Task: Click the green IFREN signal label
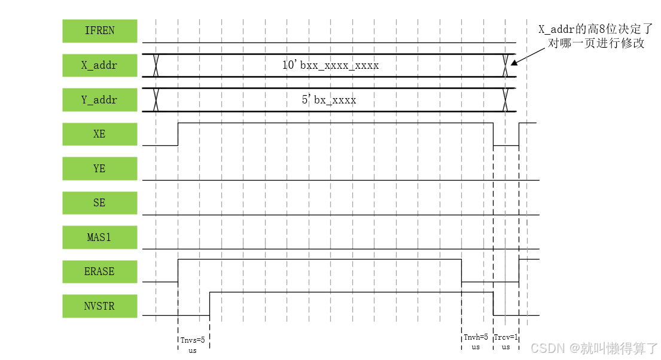point(99,31)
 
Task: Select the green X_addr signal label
point(99,66)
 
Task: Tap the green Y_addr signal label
point(99,100)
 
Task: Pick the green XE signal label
point(99,134)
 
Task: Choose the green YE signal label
point(99,169)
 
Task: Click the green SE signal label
point(99,203)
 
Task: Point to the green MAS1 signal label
point(99,237)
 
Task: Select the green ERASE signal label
point(99,271)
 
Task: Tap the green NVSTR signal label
point(99,306)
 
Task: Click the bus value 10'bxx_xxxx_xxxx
point(330,65)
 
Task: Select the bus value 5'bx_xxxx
point(328,100)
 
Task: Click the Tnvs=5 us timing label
point(193,345)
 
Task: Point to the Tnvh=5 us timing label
point(476,341)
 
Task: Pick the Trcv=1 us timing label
point(506,341)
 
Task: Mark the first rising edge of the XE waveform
point(178,134)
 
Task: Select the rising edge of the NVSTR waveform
point(209,303)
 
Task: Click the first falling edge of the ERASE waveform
point(461,270)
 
